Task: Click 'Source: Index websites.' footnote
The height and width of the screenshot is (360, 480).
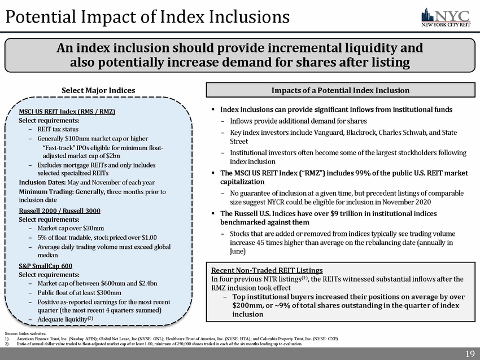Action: [23, 335]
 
